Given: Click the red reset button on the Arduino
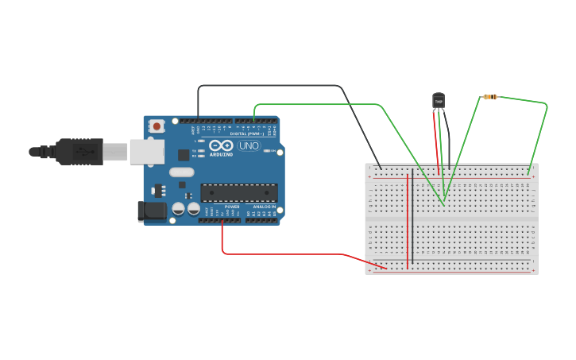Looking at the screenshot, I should pyautogui.click(x=157, y=126).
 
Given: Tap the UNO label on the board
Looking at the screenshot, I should pyautogui.click(x=249, y=145).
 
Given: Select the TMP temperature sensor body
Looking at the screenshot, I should pyautogui.click(x=438, y=100).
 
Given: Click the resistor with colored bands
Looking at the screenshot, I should pyautogui.click(x=489, y=97).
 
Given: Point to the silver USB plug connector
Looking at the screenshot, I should pyautogui.click(x=115, y=152).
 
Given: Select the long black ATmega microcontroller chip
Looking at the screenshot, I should pyautogui.click(x=239, y=192).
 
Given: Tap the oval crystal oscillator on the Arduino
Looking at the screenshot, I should pyautogui.click(x=181, y=172).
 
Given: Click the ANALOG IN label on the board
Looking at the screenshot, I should pyautogui.click(x=264, y=207).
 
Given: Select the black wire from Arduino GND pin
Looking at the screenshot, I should pyautogui.click(x=270, y=85).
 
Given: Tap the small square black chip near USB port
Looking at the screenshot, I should pyautogui.click(x=184, y=156).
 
